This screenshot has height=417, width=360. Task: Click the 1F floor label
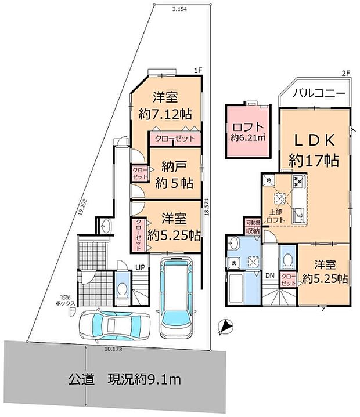(x=198, y=70)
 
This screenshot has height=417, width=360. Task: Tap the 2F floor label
(x=346, y=74)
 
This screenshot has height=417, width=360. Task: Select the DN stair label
(x=270, y=276)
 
